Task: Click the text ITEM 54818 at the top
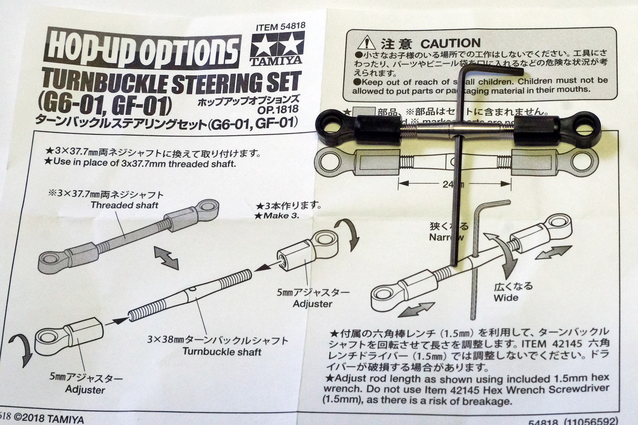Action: (280, 27)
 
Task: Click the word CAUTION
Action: (450, 43)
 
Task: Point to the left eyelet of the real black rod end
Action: (329, 123)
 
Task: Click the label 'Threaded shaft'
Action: (124, 205)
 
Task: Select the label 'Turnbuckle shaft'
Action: (222, 352)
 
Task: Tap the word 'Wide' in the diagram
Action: (506, 297)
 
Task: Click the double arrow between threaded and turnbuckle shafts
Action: (166, 258)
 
